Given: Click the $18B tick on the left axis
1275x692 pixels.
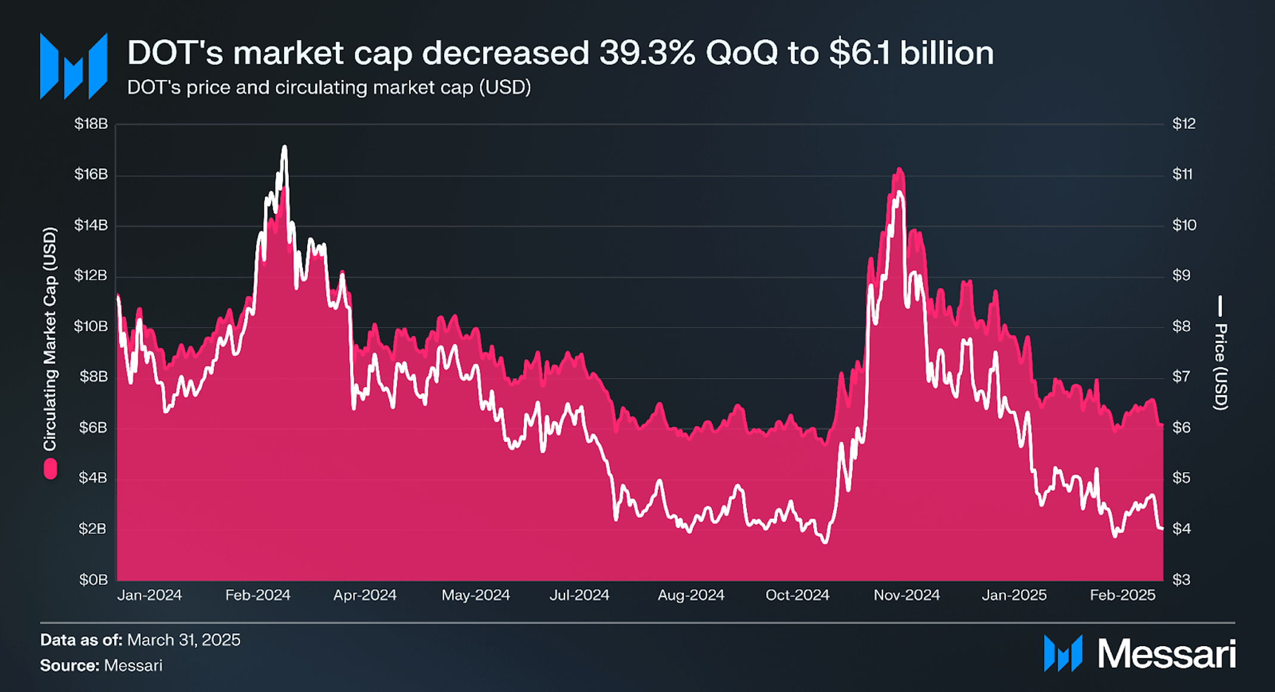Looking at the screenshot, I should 90,124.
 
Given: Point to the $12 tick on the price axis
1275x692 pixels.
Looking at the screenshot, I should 1183,124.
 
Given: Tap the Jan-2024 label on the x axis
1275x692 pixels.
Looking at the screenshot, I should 149,595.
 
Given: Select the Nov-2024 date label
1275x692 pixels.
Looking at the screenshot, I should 906,595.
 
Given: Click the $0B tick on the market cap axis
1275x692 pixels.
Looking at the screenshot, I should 93,579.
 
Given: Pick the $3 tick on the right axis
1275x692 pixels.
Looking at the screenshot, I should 1181,579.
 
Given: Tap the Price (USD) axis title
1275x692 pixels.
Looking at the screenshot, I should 1220,366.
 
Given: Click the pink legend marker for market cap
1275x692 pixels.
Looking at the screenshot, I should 51,469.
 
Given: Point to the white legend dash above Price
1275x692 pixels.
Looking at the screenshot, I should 1220,306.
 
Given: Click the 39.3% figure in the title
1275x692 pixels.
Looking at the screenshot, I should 646,53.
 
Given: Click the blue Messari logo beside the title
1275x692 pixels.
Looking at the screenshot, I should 73,66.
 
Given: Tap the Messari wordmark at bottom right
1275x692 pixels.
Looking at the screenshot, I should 1166,654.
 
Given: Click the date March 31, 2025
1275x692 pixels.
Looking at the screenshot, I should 184,640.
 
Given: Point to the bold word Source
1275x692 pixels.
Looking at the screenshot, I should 69,665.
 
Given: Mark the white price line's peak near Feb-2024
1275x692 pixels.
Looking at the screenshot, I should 285,146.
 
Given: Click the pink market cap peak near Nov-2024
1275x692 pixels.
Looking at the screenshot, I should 899,169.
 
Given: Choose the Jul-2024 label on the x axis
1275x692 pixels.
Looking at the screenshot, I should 579,595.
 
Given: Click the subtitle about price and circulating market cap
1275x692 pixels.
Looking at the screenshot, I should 329,88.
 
